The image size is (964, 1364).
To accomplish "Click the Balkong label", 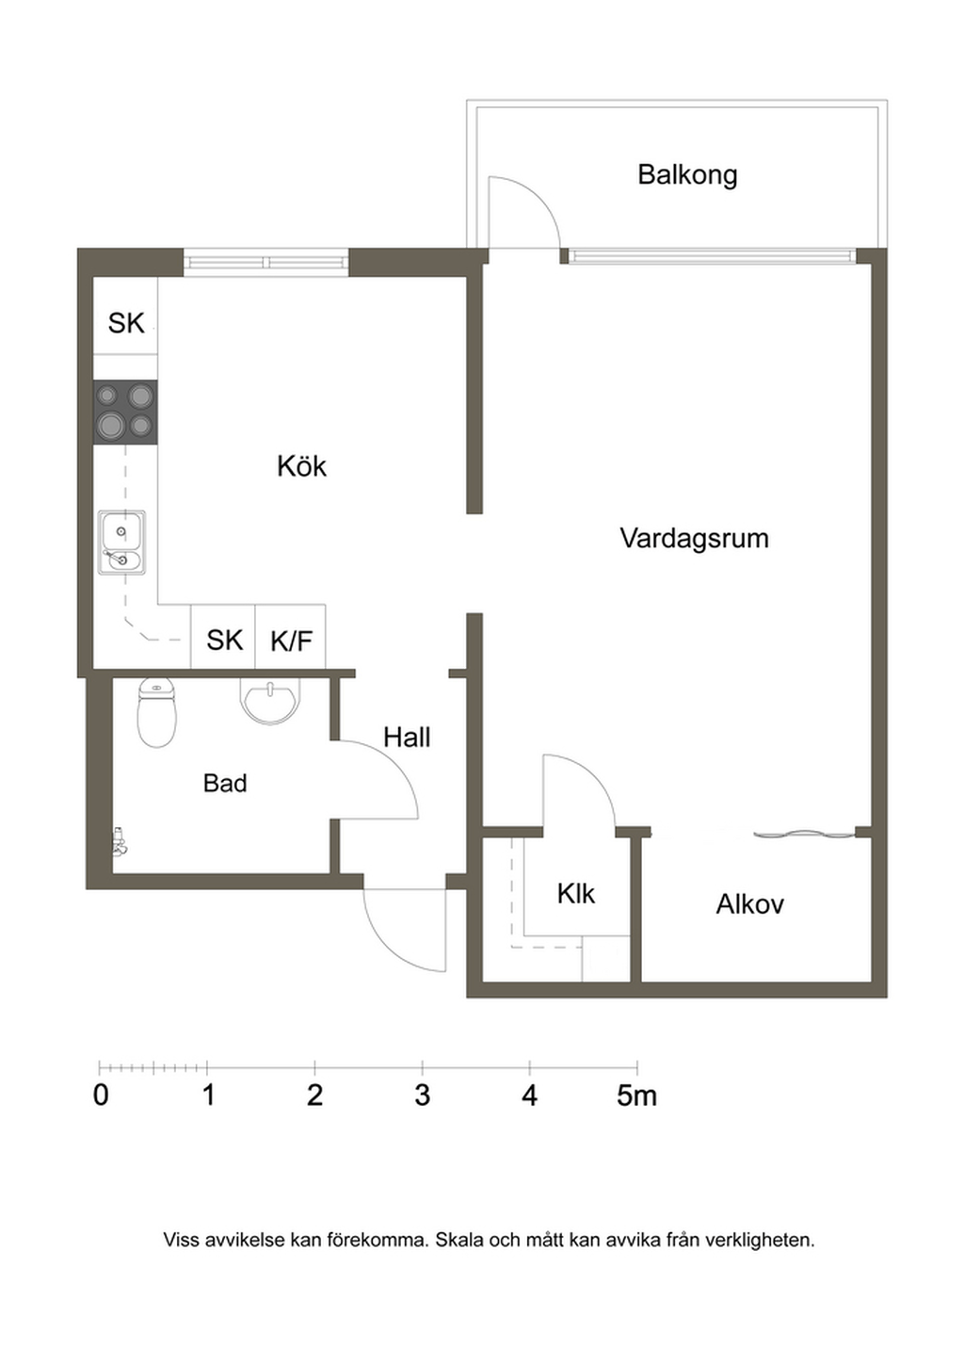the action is (687, 176).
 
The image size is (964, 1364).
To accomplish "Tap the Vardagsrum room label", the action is (695, 538).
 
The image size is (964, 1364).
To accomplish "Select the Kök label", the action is (302, 466).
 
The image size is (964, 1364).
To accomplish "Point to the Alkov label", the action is (749, 904).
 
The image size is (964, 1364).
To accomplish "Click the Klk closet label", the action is (576, 894).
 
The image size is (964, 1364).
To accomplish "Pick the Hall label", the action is (407, 738).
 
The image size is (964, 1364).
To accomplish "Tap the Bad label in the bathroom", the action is (225, 783).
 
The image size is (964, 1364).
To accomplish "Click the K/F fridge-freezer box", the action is (290, 636).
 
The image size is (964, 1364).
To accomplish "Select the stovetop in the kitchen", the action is (125, 413).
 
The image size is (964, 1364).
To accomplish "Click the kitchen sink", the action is (122, 544).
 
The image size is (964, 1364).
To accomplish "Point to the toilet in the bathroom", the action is (157, 713).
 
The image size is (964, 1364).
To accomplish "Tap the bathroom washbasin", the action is (270, 701).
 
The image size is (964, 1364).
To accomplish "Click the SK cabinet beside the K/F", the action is (223, 636).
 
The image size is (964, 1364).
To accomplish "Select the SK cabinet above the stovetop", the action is (125, 316).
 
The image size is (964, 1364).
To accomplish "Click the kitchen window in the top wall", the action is (266, 263).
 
